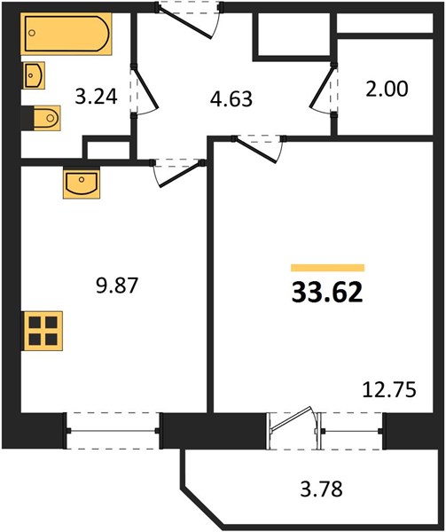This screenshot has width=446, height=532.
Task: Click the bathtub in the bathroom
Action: [67, 34]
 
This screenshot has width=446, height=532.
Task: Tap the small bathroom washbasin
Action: [35, 75]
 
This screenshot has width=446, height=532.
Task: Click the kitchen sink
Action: [82, 184]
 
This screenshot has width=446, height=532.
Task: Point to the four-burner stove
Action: [43, 331]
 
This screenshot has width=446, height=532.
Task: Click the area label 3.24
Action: [97, 97]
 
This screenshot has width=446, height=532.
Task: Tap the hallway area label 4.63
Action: [231, 99]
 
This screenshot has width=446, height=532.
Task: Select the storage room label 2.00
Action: [387, 89]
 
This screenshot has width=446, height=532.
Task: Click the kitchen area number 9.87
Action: [117, 286]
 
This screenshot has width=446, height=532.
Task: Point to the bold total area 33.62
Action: [327, 293]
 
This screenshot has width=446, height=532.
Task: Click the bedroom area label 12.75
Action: [389, 390]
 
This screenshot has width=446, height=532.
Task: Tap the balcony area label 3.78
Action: [322, 489]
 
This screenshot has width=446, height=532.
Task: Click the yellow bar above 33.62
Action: [328, 268]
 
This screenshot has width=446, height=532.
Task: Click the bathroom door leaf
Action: [146, 88]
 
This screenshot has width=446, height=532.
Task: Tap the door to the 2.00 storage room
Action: [322, 88]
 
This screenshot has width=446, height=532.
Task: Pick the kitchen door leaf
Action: [180, 175]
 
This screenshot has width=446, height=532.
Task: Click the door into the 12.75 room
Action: [257, 150]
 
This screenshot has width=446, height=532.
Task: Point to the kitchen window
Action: [113, 431]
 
